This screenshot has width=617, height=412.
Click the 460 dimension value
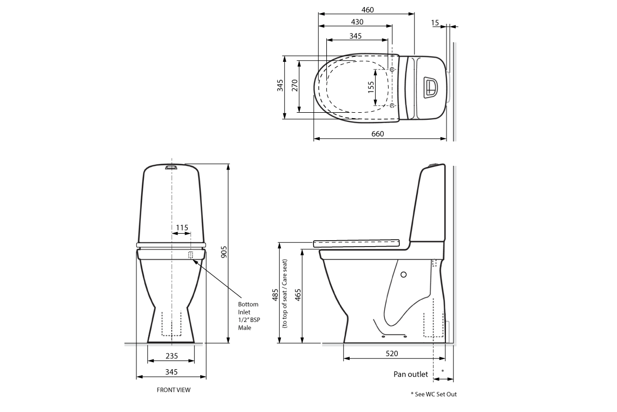click(367, 9)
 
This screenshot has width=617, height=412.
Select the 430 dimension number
click(357, 22)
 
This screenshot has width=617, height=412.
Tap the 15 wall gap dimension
click(435, 22)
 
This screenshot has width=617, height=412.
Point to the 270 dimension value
click(294, 86)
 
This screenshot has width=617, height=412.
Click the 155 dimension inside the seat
click(371, 87)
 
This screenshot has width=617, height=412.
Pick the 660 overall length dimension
click(377, 134)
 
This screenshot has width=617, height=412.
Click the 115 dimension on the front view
click(182, 228)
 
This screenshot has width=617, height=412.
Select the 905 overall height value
click(224, 252)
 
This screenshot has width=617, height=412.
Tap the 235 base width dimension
click(172, 356)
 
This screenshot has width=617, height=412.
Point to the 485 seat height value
click(275, 295)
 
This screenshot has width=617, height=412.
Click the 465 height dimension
click(298, 295)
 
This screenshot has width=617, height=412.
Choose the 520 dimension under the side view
click(391, 353)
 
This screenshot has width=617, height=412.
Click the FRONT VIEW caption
click(174, 390)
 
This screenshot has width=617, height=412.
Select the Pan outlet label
click(410, 374)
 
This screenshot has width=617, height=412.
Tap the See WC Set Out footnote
click(434, 394)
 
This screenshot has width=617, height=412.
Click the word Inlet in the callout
click(244, 312)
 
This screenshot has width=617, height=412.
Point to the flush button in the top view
click(430, 87)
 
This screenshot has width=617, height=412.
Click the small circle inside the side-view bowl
click(403, 274)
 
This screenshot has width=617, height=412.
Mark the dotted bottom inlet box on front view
click(191, 255)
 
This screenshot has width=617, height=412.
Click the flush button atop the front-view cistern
click(170, 167)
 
